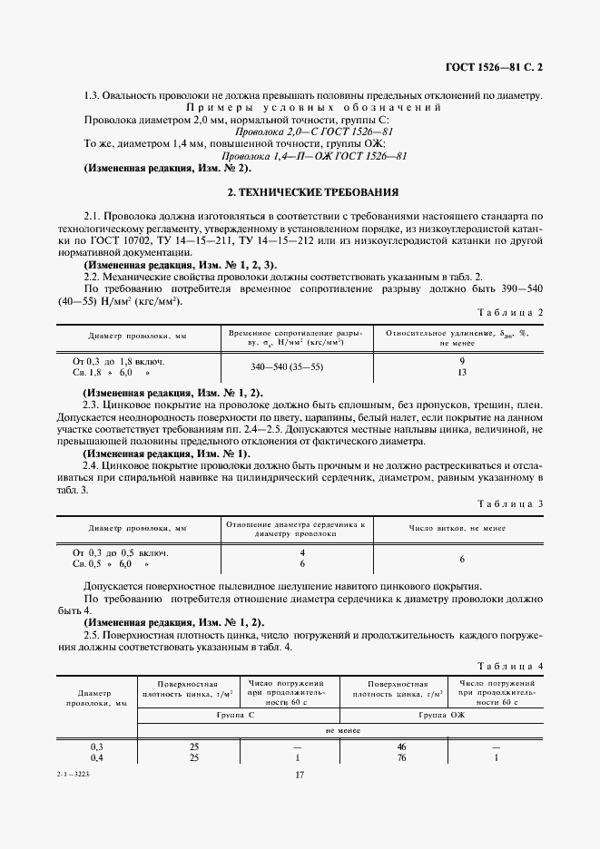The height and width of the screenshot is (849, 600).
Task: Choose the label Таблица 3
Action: point(511,503)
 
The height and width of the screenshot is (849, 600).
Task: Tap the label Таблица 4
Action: point(511,666)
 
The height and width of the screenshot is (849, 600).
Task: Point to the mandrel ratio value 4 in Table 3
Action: point(301,552)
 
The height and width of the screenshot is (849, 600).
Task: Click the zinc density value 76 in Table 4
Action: point(399,757)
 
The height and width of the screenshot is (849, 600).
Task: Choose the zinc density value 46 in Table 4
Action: point(399,746)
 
